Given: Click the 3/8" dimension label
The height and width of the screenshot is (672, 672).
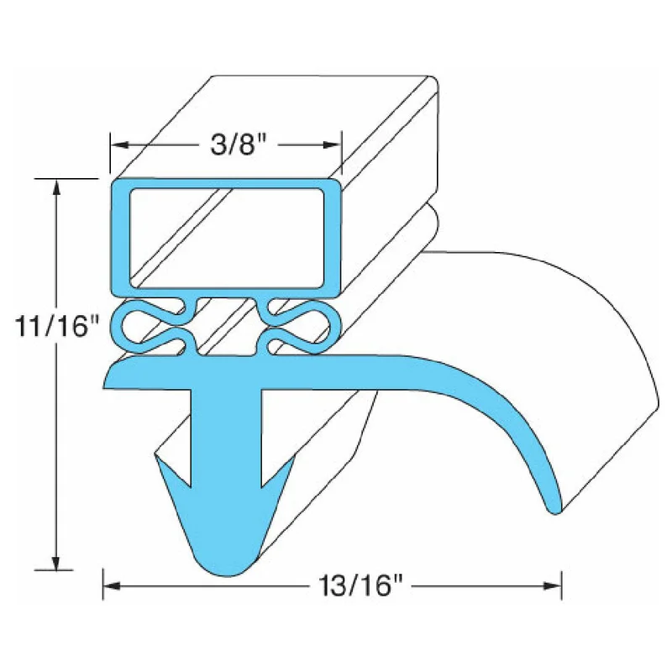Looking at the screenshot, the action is coord(239,144).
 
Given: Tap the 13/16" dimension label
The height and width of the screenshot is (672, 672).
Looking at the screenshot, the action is coord(361,585).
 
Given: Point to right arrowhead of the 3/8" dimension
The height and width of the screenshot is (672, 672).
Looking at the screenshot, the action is coord(333,144).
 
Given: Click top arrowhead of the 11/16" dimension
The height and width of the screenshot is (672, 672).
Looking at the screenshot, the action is coord(55,187).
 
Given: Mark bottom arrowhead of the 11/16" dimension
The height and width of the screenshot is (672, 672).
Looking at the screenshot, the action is coord(55,561).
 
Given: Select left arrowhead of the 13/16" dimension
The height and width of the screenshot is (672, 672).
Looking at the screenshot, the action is coord(112,585).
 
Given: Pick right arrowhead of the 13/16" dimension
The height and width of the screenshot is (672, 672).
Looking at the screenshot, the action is coord(553,585).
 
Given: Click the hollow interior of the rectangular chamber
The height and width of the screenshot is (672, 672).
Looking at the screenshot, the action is coord(226,238).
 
